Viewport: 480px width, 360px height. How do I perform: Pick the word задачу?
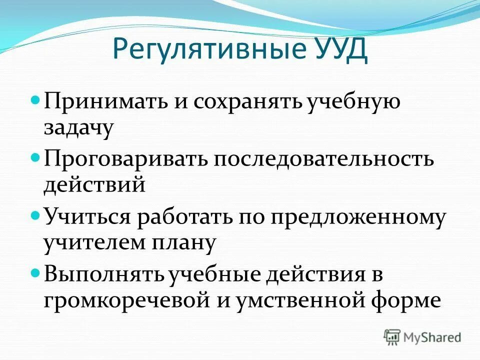tap(78, 128)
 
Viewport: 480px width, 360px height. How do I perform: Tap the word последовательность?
tap(324, 160)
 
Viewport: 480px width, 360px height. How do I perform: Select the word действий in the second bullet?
tap(94, 185)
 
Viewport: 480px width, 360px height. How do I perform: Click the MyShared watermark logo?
tap(422, 336)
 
